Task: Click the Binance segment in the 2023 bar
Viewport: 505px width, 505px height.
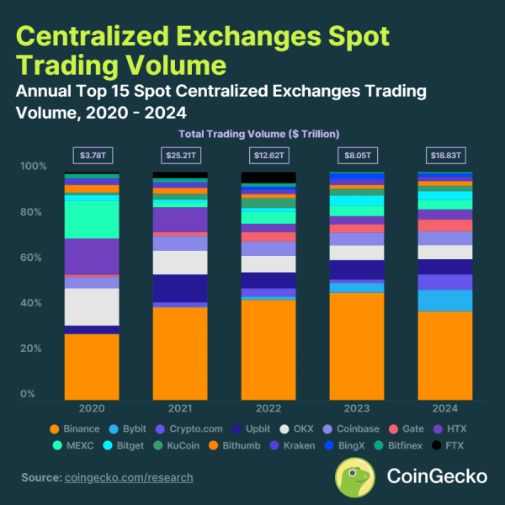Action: [357, 345]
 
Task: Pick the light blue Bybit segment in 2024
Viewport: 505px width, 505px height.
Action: [445, 300]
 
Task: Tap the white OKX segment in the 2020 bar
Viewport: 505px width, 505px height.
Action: [92, 306]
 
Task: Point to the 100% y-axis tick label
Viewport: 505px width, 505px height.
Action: [32, 167]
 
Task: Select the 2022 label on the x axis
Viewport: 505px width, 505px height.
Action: [268, 407]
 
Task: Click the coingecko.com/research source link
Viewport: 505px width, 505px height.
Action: [129, 477]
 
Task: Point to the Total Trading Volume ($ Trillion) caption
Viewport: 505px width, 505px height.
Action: [258, 134]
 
